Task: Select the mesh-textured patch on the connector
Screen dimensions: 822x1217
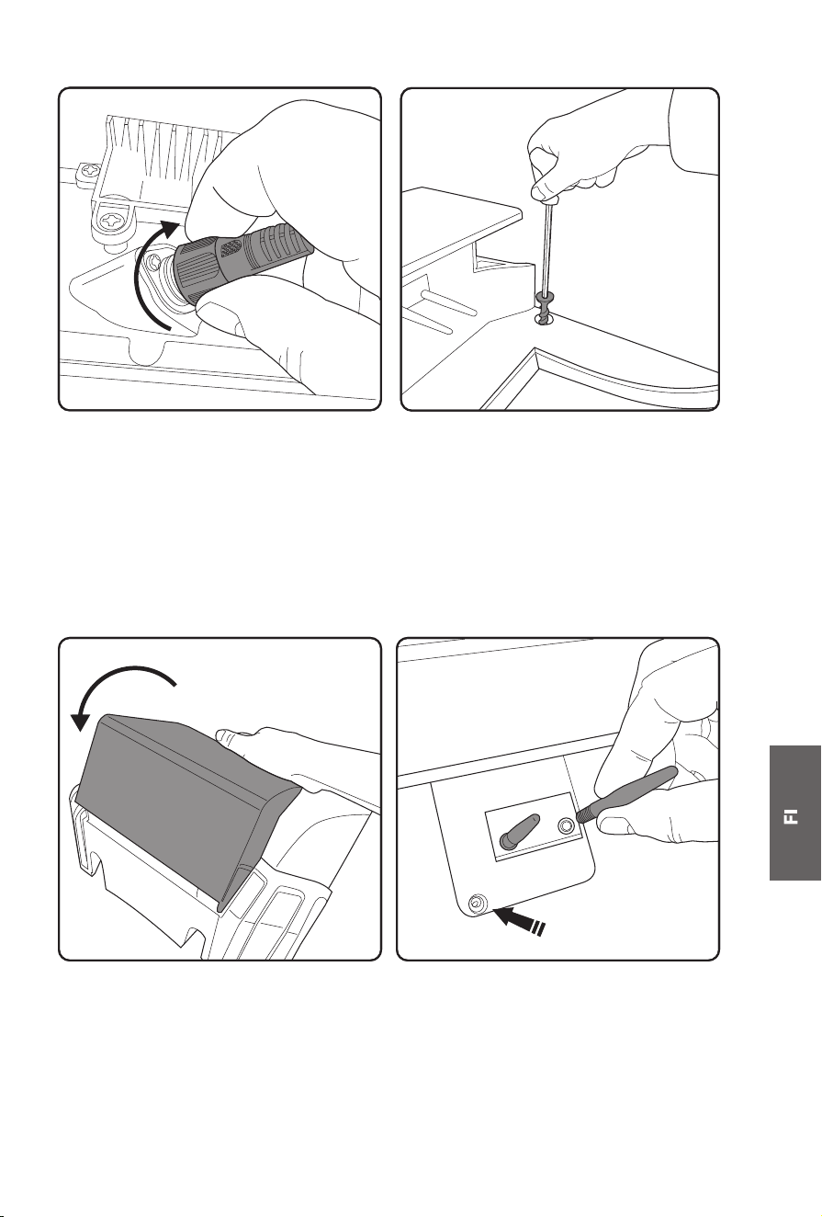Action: click(x=231, y=249)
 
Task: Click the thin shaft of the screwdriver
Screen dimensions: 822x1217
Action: click(x=547, y=247)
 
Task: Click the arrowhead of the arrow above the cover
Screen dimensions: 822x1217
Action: click(x=81, y=721)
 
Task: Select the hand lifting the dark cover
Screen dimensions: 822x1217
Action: click(x=298, y=761)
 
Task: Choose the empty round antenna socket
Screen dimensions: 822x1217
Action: click(x=566, y=826)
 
